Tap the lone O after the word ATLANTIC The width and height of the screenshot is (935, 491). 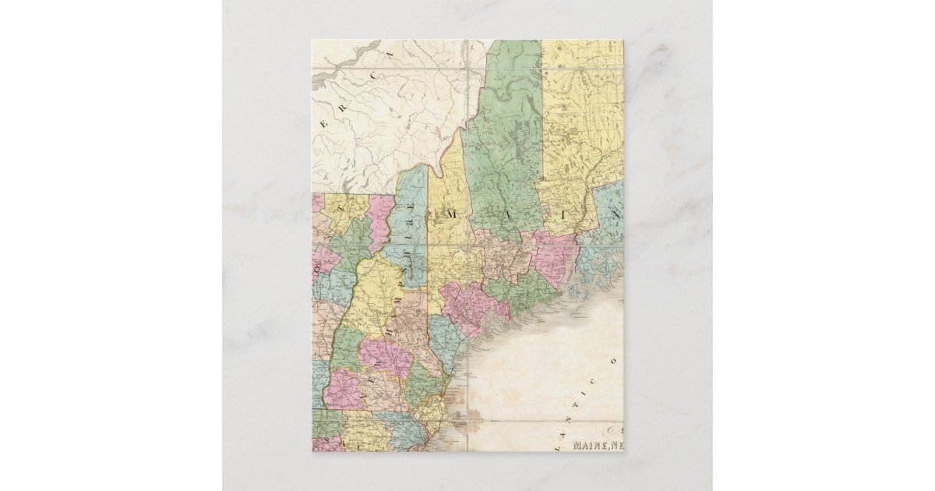tap(612, 361)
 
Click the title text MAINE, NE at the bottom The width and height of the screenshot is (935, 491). tap(598, 446)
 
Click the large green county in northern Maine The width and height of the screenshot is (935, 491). tap(503, 148)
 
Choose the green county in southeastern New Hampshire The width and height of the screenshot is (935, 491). tap(421, 386)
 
